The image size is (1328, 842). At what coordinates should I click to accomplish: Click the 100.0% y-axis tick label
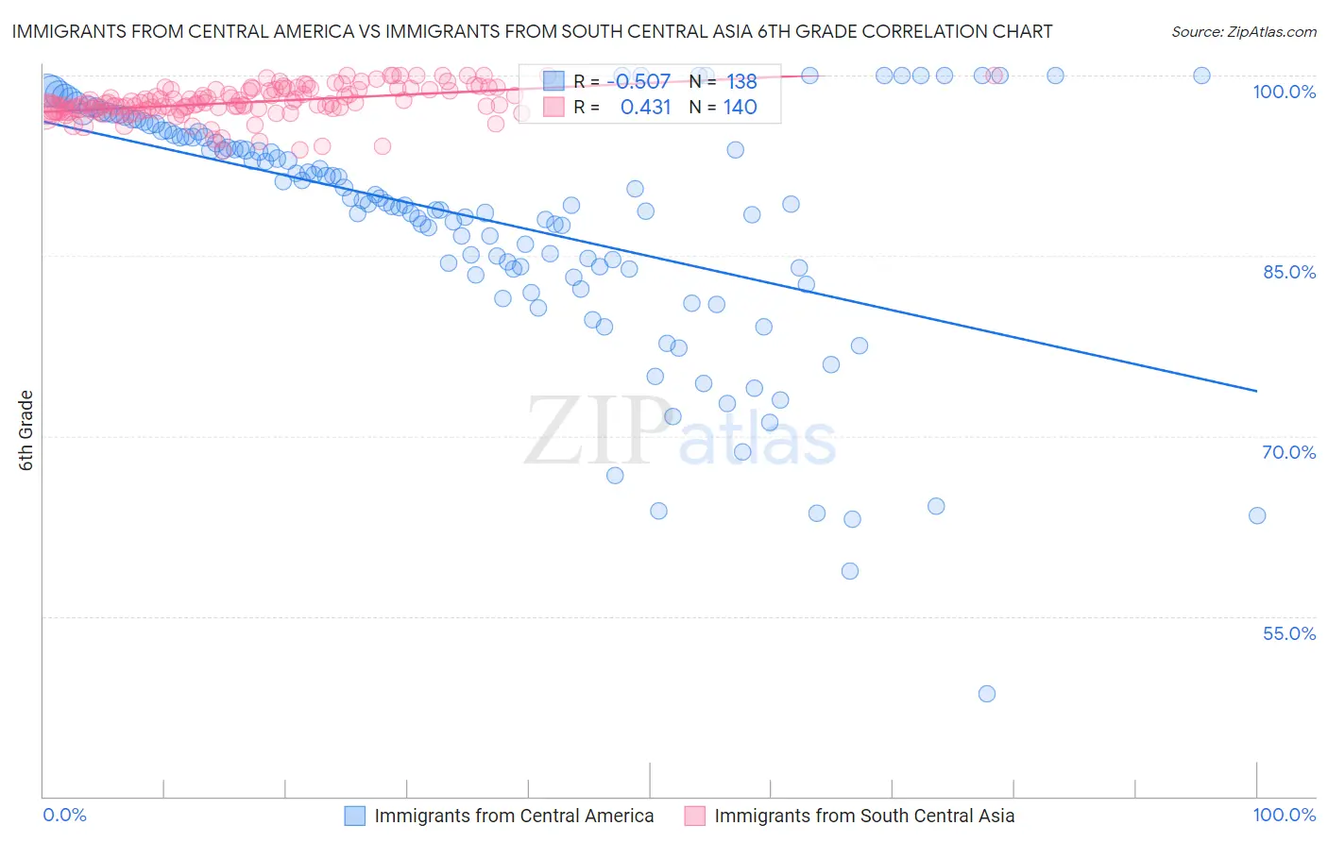click(x=1284, y=92)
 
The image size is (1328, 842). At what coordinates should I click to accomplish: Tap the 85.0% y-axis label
click(x=1289, y=272)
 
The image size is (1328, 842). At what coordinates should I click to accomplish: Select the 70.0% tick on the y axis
click(x=1288, y=452)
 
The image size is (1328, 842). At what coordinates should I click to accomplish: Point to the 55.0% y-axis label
click(x=1288, y=633)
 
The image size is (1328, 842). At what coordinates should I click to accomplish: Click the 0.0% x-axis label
click(x=64, y=815)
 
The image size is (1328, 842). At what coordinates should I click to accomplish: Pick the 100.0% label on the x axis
click(x=1284, y=815)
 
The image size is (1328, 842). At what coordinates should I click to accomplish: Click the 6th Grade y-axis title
click(x=26, y=430)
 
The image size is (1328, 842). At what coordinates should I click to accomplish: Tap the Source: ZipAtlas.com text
click(x=1243, y=31)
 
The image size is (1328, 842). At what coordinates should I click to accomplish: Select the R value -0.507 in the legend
click(x=642, y=82)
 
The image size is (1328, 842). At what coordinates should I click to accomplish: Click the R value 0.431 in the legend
click(x=645, y=107)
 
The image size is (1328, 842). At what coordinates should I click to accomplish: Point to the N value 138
click(x=741, y=82)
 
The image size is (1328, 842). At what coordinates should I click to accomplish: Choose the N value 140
click(x=741, y=107)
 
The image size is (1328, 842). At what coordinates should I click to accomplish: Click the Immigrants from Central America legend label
click(x=514, y=816)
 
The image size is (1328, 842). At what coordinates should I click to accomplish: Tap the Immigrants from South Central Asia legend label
click(x=864, y=816)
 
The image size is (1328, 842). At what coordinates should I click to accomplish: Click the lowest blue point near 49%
click(x=987, y=694)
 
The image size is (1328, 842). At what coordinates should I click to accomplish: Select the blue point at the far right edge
click(x=1257, y=515)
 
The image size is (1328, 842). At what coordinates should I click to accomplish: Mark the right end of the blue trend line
click(x=1256, y=391)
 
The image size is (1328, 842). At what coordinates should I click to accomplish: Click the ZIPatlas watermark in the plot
click(x=680, y=431)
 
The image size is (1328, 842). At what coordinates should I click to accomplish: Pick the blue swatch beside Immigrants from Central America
click(x=354, y=816)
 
